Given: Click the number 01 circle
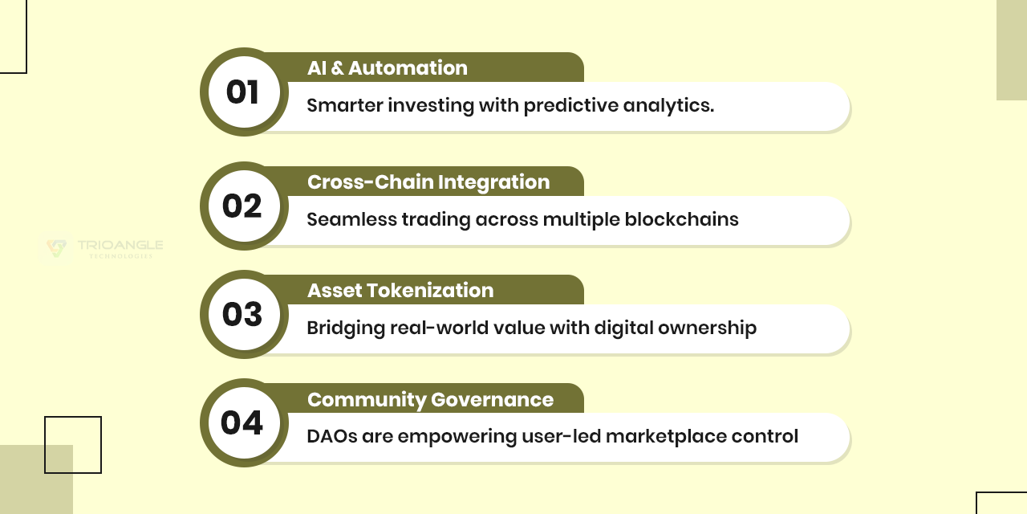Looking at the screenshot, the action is click(x=244, y=92).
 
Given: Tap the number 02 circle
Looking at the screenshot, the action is click(x=244, y=206).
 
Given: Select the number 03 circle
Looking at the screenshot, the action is click(x=244, y=314).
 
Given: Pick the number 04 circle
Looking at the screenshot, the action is click(x=244, y=422).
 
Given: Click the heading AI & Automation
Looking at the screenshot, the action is click(x=388, y=68).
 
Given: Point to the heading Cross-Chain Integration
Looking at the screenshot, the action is click(x=428, y=182).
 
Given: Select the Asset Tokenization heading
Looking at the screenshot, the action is click(x=400, y=291).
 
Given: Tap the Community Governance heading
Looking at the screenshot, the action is click(x=431, y=400).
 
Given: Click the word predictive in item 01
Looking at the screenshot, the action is click(x=570, y=105).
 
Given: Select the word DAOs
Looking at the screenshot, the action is click(x=332, y=436).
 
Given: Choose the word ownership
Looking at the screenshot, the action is click(x=707, y=328).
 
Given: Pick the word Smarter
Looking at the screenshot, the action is click(x=345, y=105).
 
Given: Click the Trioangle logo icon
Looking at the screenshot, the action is click(x=56, y=248).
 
